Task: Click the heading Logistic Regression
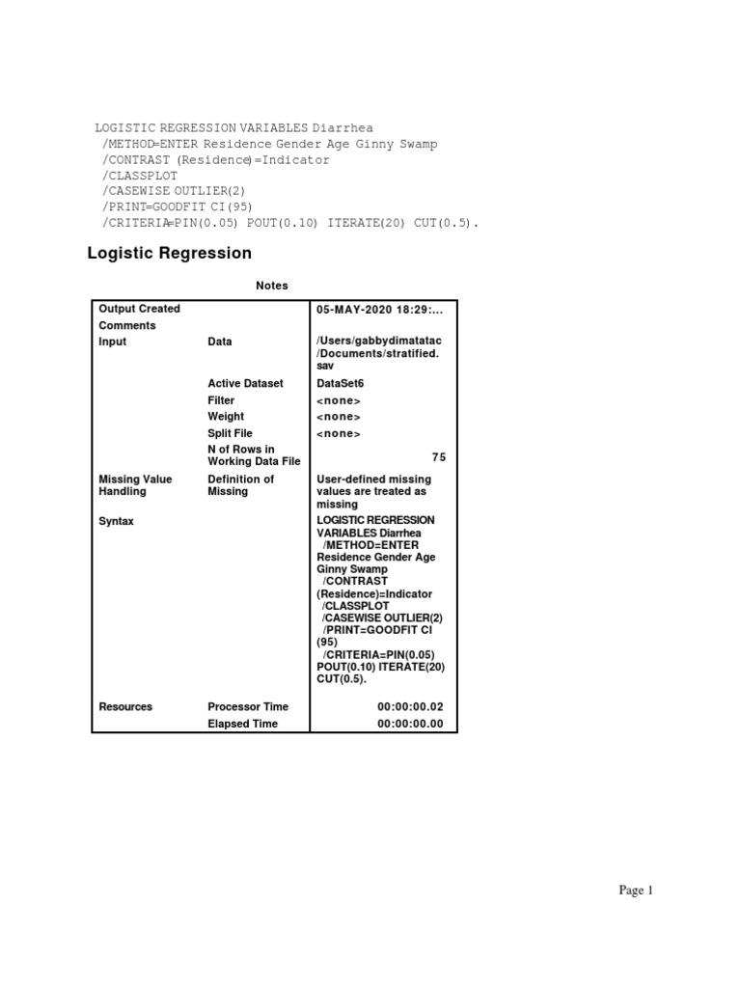click(169, 254)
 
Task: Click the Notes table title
click(271, 286)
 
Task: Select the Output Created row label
click(139, 309)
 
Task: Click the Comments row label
click(127, 326)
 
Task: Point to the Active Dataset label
click(245, 383)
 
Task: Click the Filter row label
click(221, 400)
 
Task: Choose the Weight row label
click(226, 417)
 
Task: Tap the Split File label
click(230, 434)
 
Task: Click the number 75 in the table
click(439, 457)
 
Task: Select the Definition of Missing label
click(240, 485)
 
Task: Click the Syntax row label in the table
click(117, 521)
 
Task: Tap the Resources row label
click(125, 707)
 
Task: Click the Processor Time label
click(248, 707)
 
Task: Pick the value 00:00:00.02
click(410, 707)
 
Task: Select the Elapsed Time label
click(242, 724)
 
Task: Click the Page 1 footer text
click(636, 891)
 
